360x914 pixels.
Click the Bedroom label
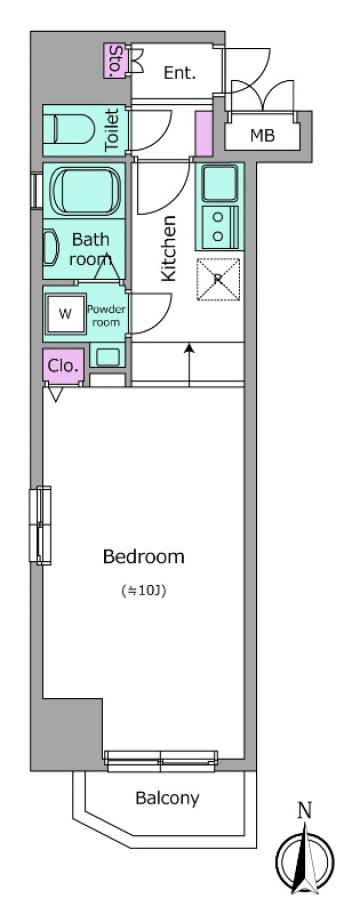[143, 557]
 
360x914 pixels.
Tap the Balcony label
[167, 798]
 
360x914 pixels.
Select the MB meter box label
[262, 136]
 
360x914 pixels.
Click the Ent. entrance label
[179, 73]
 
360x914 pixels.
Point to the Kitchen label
[168, 249]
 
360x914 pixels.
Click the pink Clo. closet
[63, 366]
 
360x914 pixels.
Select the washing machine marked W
[65, 314]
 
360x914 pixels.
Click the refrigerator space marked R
[218, 279]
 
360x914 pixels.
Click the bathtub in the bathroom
[86, 191]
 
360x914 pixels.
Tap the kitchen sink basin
[219, 182]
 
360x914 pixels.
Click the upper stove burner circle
[218, 217]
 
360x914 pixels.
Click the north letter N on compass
[304, 810]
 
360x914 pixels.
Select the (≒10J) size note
[144, 591]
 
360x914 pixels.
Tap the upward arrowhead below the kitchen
[189, 348]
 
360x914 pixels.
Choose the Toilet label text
[112, 131]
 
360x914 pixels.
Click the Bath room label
[90, 249]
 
